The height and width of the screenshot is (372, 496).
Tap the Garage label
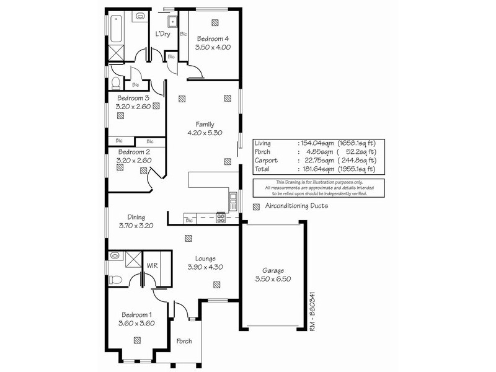(272, 270)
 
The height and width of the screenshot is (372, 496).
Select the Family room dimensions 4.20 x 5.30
(205, 133)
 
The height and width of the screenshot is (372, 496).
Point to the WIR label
(151, 265)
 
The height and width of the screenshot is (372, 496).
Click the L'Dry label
(162, 33)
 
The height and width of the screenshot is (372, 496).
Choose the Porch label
(184, 341)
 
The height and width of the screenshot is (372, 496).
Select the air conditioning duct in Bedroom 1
(136, 340)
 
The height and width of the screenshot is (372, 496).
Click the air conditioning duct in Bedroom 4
(215, 22)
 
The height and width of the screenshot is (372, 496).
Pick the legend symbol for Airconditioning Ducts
(256, 206)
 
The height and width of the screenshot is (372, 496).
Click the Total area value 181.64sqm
(317, 169)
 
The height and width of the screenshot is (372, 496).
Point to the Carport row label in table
(265, 160)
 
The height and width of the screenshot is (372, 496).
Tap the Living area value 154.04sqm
(317, 143)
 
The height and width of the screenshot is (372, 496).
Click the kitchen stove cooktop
(220, 217)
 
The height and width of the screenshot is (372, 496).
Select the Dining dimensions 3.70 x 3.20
(136, 226)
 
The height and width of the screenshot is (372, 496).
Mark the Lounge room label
(205, 259)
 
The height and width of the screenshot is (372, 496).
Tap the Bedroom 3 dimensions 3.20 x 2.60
(133, 107)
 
